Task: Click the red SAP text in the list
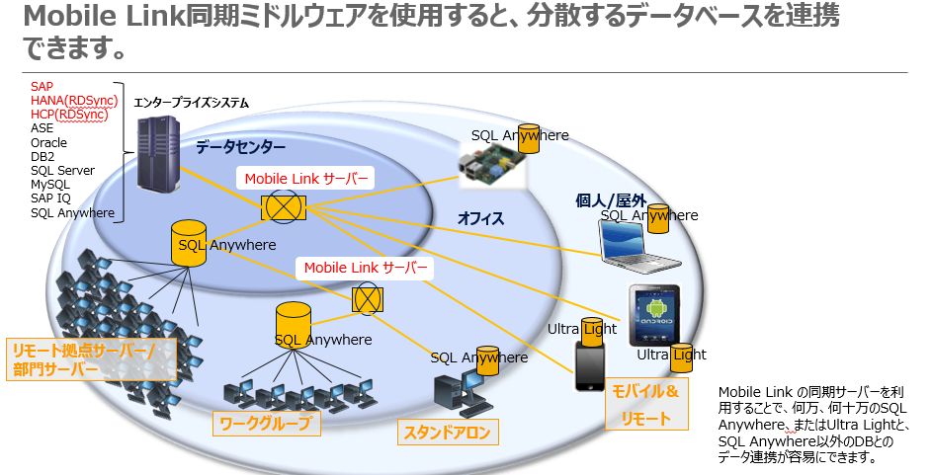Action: coord(42,87)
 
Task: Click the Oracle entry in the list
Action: coord(49,142)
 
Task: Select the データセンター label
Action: coord(240,147)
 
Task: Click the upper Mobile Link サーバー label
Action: coord(305,179)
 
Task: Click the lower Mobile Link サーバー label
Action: coord(366,268)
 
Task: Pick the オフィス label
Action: coord(480,219)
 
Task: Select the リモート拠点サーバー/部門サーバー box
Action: coord(92,359)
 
